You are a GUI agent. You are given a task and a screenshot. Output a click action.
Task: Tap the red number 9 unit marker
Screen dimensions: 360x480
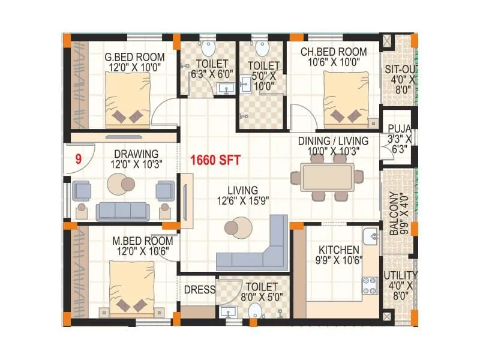click(78, 160)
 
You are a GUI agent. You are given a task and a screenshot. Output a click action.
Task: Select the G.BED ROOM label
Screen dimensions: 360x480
click(130, 58)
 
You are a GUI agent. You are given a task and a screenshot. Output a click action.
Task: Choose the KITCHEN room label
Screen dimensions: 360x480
click(339, 250)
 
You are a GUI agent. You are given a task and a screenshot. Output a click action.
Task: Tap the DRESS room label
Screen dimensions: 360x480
click(199, 289)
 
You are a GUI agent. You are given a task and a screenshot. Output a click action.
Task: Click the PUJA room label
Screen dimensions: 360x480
click(399, 128)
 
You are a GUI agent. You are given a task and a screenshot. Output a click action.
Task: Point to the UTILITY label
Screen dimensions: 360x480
click(400, 275)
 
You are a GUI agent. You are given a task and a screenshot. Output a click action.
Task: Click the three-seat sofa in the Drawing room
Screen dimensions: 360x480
click(123, 211)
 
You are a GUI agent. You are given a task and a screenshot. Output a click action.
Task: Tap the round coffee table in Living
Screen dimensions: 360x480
click(233, 228)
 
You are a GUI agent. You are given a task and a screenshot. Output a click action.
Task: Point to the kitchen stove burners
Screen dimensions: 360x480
click(369, 286)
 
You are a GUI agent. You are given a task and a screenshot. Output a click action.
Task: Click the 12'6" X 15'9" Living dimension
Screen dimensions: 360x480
click(243, 201)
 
